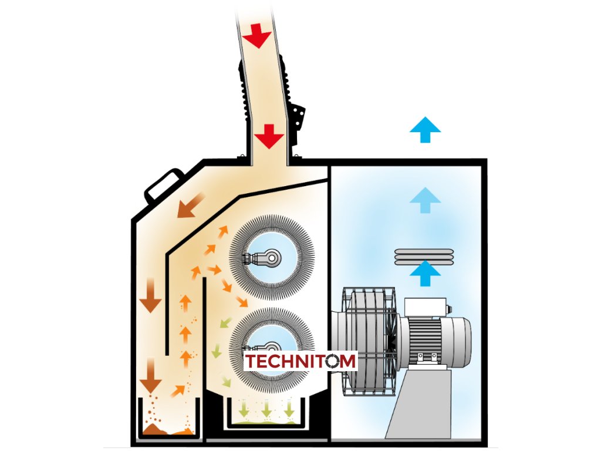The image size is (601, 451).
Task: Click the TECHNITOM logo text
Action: point(300,361)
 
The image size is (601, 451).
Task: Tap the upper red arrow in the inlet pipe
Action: point(257,38)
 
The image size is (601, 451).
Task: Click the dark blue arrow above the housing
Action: point(425,129)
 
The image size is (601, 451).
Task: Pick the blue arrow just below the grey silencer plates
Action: point(425,274)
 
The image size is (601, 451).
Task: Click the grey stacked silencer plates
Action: point(425,256)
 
